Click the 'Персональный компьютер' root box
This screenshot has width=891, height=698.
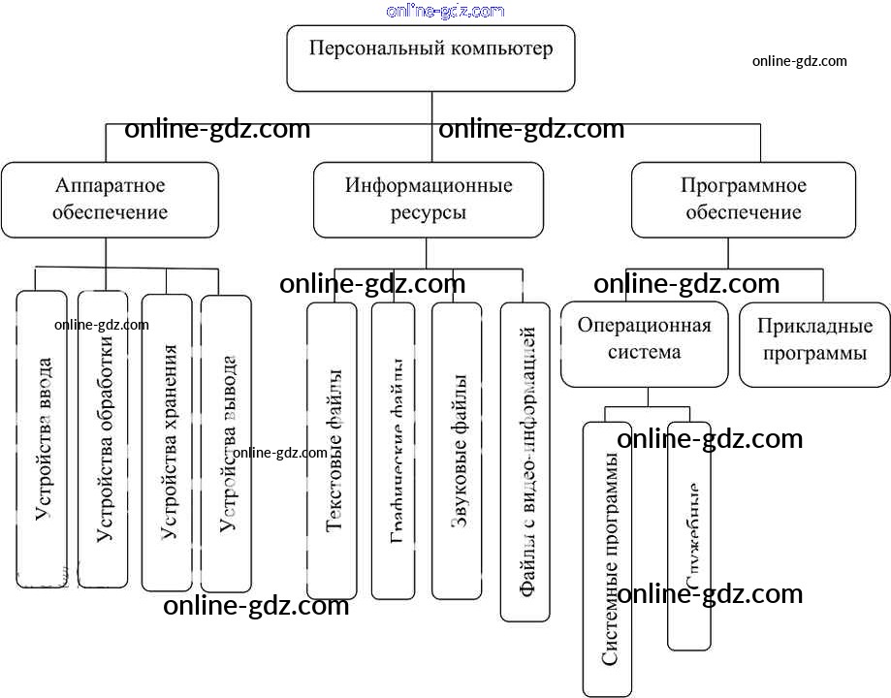[x=431, y=58]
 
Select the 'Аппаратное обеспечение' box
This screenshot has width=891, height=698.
[x=110, y=199]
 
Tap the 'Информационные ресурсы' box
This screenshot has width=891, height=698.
[x=429, y=199]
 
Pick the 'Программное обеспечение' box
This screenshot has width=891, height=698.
[x=744, y=199]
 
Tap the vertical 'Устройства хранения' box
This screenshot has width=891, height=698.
[x=167, y=442]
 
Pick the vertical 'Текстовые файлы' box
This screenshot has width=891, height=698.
[x=333, y=450]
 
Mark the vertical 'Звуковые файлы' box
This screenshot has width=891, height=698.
[x=458, y=452]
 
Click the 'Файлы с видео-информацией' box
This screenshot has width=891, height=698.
[x=525, y=461]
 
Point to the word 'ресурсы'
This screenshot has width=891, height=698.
[x=428, y=212]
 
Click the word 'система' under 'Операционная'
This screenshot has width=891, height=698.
[x=644, y=352]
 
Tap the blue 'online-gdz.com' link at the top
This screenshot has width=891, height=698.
[x=445, y=11]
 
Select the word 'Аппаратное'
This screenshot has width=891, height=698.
[x=111, y=185]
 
